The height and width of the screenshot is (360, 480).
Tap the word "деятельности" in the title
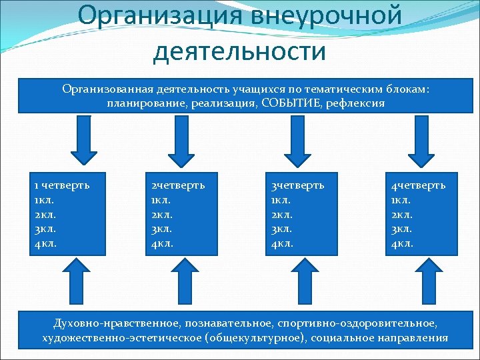(239, 50)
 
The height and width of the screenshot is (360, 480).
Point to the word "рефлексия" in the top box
(356, 104)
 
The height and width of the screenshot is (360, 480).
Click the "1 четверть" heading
(61, 185)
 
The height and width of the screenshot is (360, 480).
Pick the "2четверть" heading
(178, 185)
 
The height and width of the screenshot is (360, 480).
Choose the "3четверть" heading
(297, 185)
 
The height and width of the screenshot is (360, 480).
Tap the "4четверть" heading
(418, 185)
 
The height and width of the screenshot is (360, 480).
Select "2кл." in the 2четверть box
(163, 214)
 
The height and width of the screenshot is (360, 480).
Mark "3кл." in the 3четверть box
(281, 229)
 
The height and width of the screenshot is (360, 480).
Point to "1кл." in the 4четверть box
(402, 199)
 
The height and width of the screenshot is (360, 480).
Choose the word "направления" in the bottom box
(414, 338)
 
